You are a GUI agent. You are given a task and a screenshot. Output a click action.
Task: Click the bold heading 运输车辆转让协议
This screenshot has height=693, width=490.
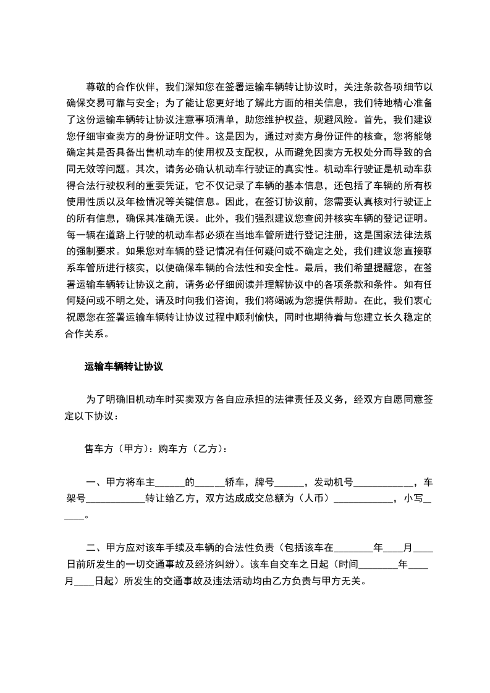point(123,366)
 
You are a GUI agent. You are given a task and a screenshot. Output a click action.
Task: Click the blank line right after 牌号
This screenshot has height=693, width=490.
point(291,482)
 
